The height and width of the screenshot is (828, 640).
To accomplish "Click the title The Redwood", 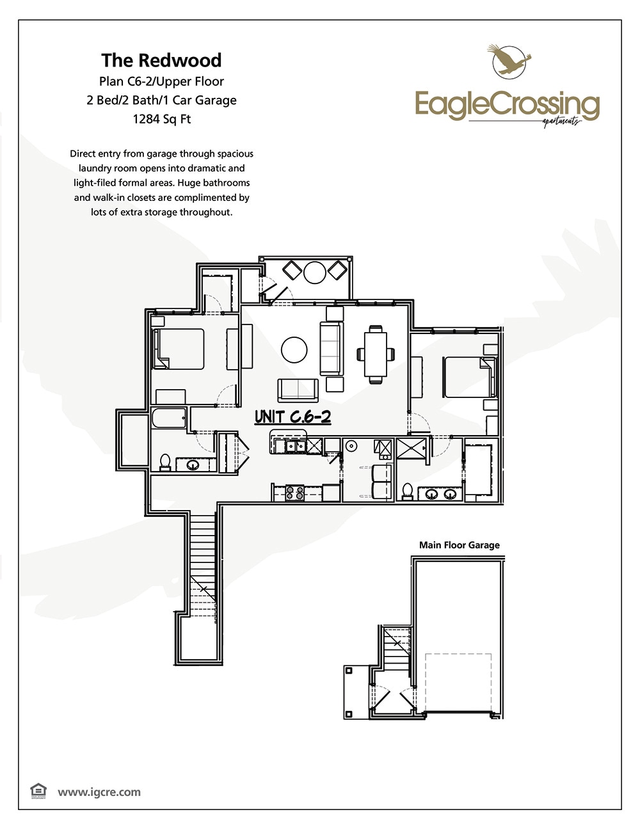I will coord(161,60).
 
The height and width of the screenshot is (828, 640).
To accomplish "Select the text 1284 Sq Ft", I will coord(161,119).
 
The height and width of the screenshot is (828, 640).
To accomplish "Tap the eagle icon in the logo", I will coord(509,60).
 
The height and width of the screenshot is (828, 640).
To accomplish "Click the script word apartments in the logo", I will coord(561,122).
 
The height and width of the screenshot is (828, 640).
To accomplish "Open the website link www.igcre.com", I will coord(99,792).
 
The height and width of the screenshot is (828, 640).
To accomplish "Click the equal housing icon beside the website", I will coord(38,791).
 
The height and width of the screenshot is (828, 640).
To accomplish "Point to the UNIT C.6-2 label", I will coord(292,417).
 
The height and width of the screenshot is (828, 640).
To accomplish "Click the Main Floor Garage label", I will coord(459,545).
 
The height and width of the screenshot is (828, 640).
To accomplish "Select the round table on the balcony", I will coord(315,272).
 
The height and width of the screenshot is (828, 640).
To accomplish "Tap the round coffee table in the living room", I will coord(294,350).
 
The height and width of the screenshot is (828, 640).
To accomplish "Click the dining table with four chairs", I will coord(375,353).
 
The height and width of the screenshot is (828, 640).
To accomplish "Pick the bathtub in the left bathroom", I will coord(168,419).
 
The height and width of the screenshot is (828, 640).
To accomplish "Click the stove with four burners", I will coord(294,493).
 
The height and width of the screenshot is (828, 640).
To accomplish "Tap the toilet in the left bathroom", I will coord(164,462).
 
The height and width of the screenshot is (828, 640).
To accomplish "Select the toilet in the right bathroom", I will coord(407,491).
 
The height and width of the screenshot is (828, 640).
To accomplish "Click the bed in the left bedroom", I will coord(179,349).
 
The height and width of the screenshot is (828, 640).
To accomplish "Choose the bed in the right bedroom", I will coord(468,376).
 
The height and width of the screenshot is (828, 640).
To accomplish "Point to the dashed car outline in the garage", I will coord(458,682).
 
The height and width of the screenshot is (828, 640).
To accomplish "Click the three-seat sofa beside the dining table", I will coord(331,349).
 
